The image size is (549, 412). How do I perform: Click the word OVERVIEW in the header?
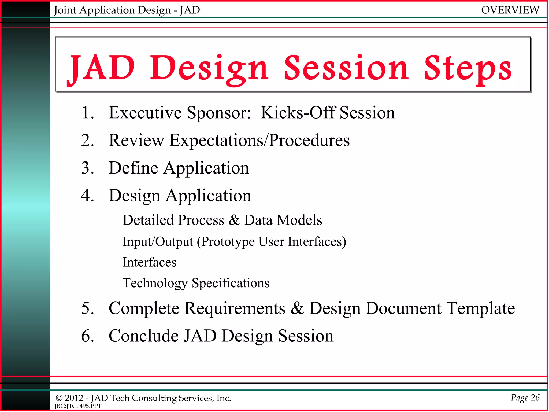(510, 10)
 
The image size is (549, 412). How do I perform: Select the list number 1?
(87, 113)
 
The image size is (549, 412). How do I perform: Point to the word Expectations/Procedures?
(259, 140)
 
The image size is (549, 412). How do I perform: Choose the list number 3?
(87, 168)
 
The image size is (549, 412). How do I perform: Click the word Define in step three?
(133, 168)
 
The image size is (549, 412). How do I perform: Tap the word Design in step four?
(134, 196)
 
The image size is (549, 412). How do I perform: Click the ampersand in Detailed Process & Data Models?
(234, 220)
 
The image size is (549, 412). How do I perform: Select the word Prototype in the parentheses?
(228, 242)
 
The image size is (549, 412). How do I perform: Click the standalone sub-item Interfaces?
(149, 262)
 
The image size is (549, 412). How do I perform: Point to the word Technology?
(155, 283)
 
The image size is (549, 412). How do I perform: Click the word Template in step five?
(480, 308)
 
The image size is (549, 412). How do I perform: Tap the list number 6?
(87, 336)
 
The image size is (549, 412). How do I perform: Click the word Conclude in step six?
(143, 336)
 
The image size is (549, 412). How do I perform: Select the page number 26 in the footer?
(535, 398)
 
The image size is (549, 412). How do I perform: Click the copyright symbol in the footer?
(59, 398)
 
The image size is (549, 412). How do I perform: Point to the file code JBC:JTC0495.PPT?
(78, 406)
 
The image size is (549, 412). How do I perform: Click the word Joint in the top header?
(65, 10)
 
